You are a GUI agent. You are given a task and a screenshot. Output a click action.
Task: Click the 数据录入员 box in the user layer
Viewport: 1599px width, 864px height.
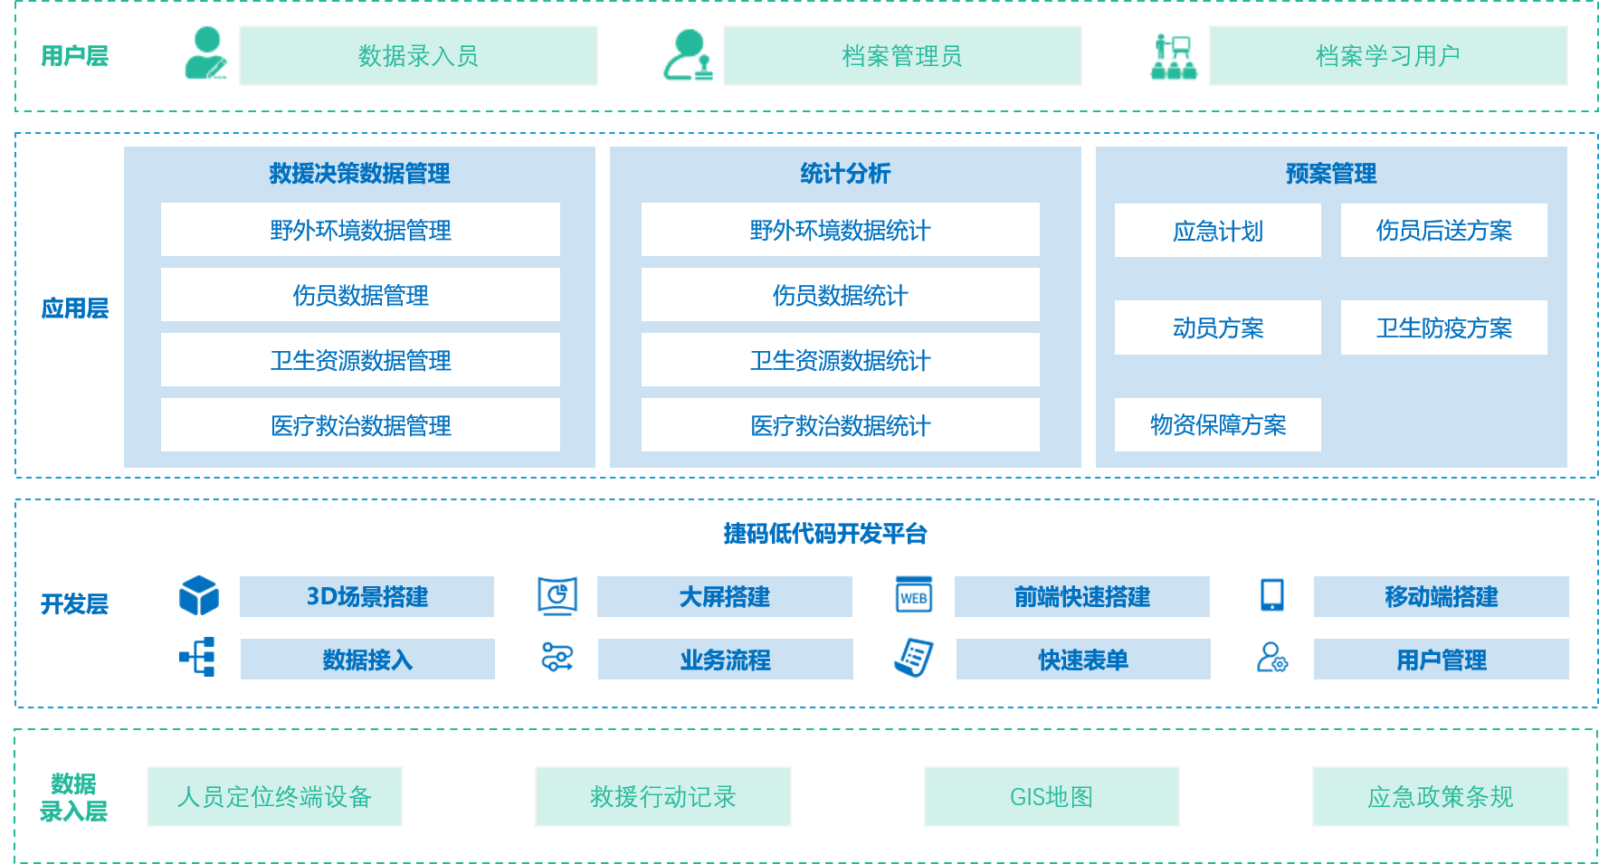pos(418,56)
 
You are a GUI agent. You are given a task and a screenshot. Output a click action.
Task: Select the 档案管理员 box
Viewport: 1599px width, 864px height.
pos(902,56)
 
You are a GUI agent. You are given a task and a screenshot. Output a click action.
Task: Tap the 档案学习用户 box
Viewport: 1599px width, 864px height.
pos(1388,56)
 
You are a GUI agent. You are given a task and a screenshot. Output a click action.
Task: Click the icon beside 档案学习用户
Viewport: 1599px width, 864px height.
pos(1174,57)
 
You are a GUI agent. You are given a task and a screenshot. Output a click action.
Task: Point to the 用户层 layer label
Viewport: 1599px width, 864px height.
pos(74,56)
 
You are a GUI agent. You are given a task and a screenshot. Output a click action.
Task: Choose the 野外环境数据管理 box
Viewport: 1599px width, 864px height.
pos(360,230)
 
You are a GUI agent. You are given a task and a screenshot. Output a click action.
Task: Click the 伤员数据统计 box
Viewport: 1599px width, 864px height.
pos(840,295)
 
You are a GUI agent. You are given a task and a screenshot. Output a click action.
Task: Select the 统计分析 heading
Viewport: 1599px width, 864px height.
pos(845,173)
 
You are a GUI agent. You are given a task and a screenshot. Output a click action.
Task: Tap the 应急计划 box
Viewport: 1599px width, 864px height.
pos(1217,231)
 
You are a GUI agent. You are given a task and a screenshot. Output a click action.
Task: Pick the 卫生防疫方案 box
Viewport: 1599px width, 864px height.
pos(1443,328)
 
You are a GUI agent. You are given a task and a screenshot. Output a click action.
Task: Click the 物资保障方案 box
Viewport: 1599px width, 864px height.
pos(1217,424)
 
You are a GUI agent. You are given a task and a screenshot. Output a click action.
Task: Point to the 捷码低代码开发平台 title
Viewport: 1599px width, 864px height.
pos(824,534)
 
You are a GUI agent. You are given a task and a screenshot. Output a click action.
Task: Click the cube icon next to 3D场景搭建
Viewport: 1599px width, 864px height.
pos(199,596)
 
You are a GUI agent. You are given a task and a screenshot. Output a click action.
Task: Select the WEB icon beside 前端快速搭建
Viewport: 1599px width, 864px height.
pos(913,595)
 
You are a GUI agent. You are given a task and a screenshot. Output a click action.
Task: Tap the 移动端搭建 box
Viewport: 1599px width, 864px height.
pos(1441,596)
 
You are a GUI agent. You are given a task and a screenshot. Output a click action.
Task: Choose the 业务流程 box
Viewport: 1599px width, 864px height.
pos(725,660)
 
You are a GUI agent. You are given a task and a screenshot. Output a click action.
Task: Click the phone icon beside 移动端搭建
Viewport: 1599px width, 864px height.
pos(1271,595)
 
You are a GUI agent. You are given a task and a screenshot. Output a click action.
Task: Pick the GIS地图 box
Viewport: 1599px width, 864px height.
pos(1052,796)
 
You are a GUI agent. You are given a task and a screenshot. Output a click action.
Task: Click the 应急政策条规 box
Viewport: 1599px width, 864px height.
pos(1440,796)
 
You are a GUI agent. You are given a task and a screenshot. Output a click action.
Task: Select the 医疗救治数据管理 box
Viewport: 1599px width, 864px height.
pos(360,425)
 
